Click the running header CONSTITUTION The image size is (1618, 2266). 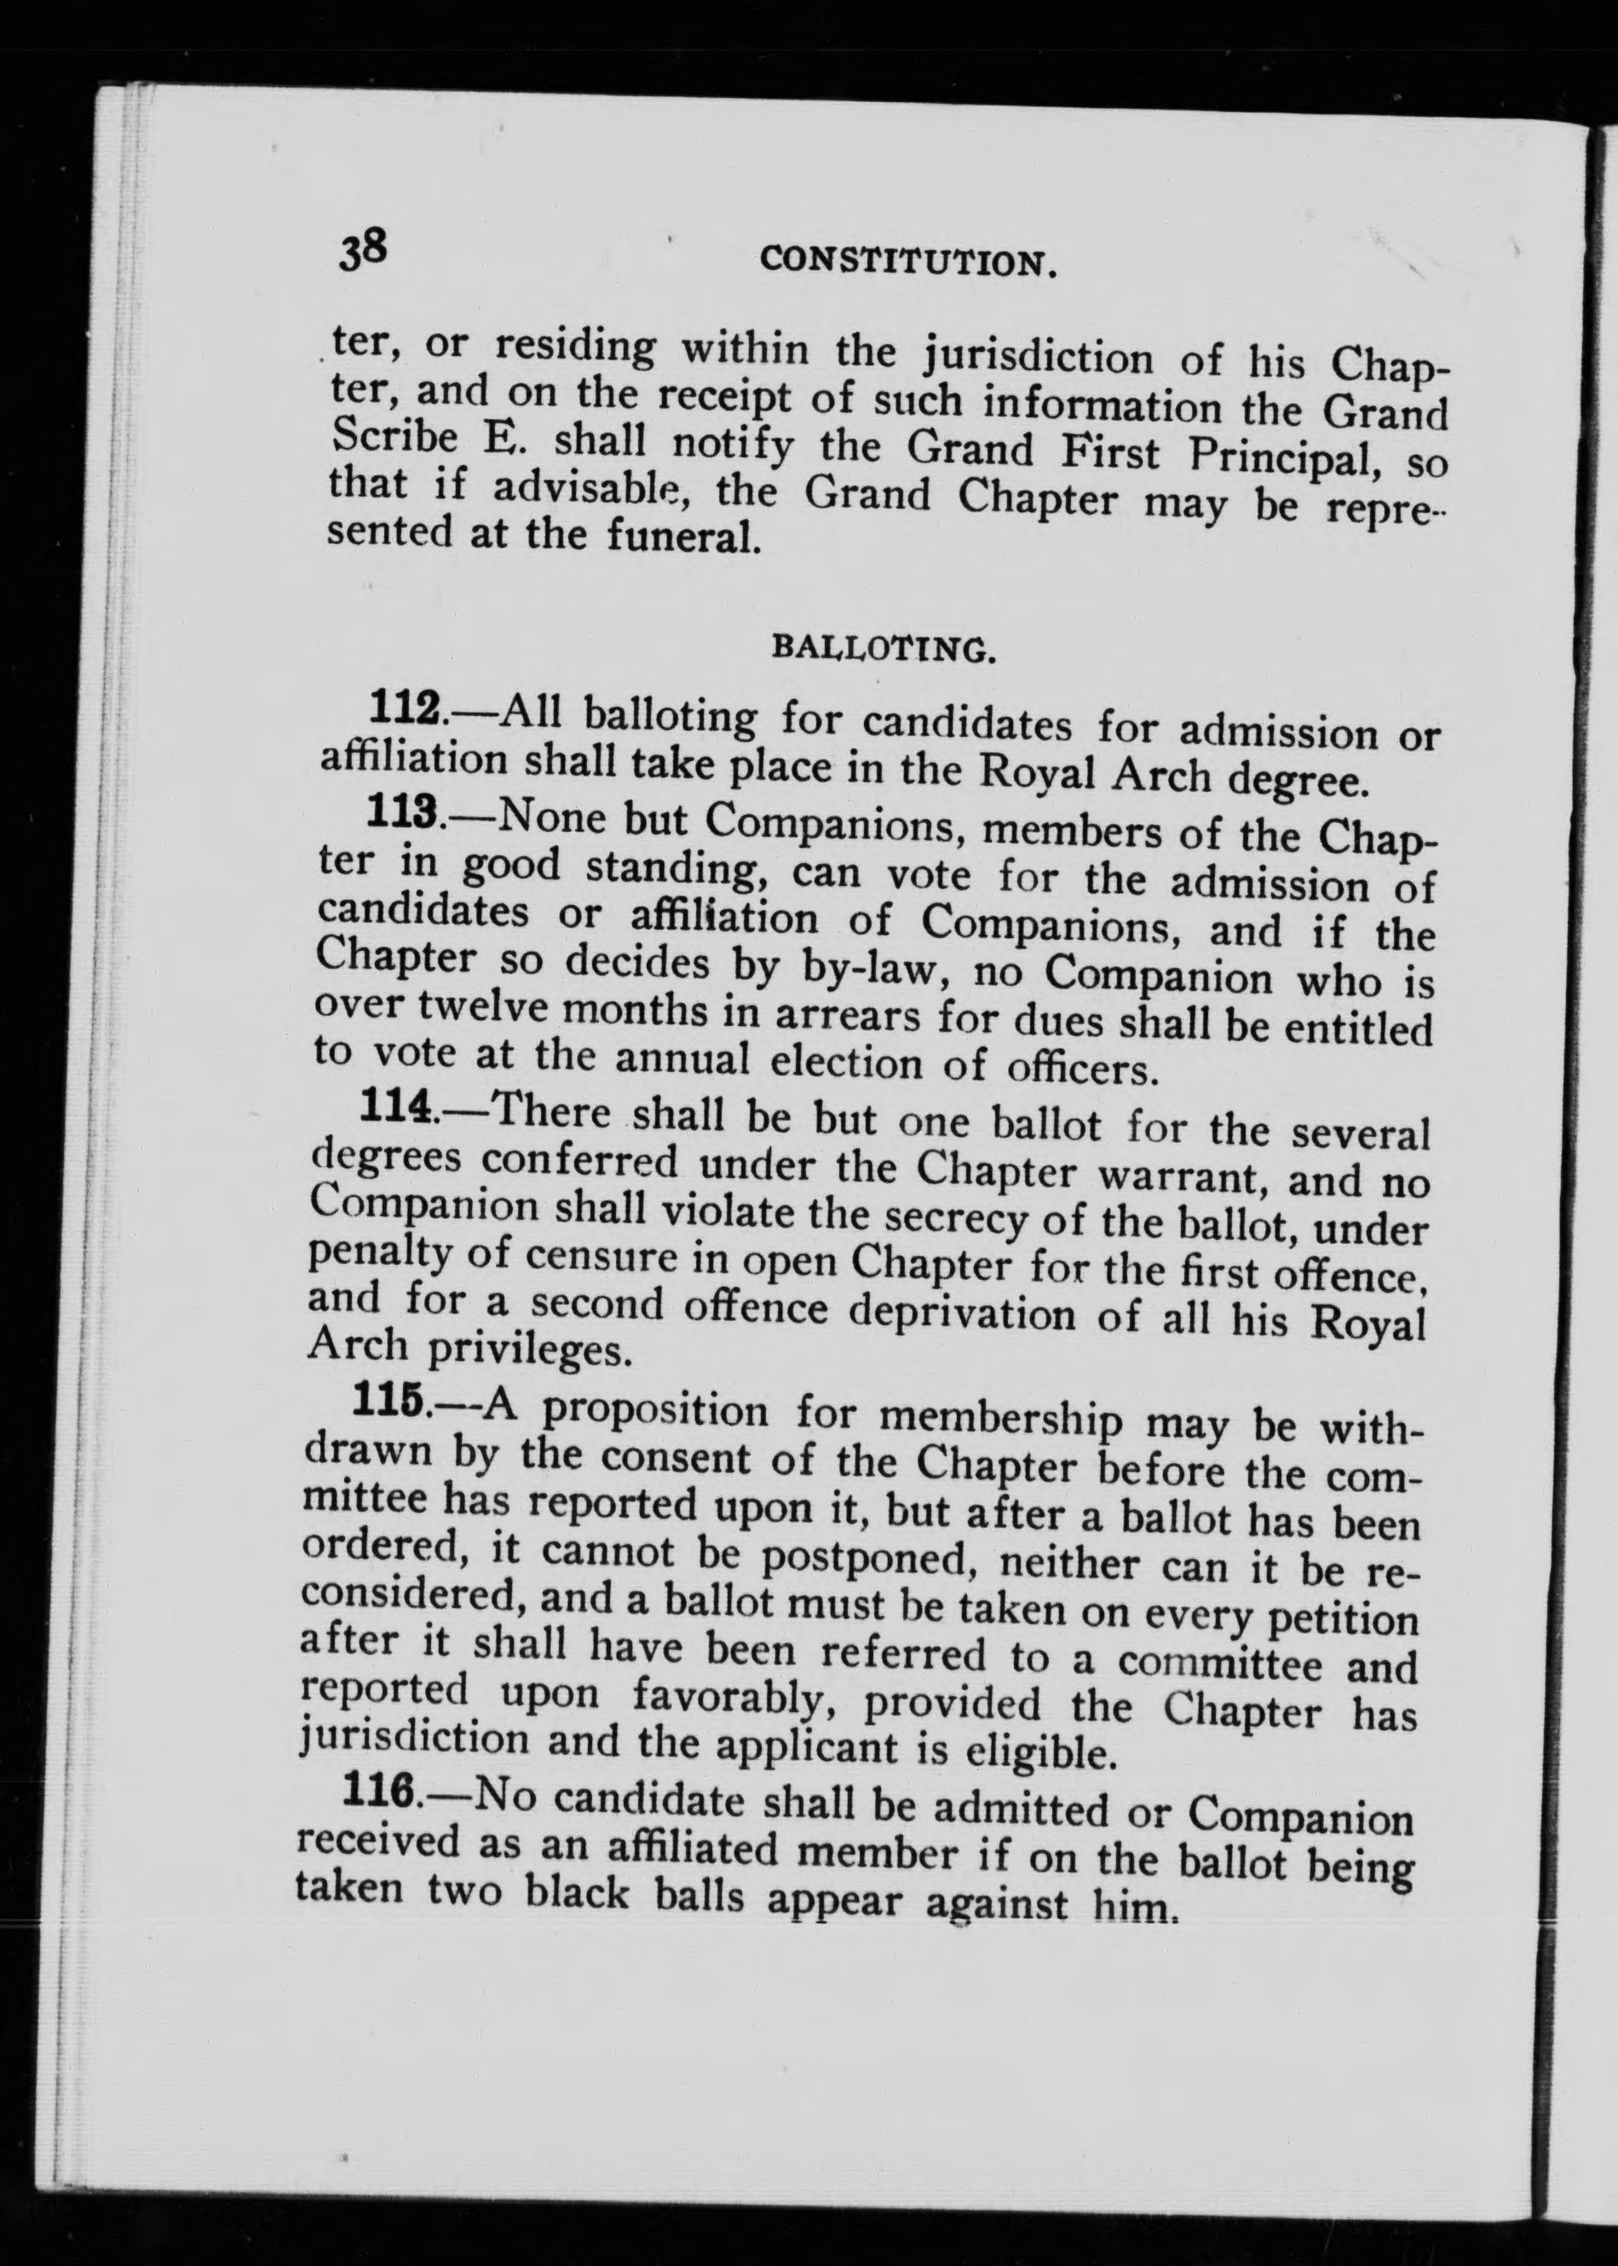point(907,263)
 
